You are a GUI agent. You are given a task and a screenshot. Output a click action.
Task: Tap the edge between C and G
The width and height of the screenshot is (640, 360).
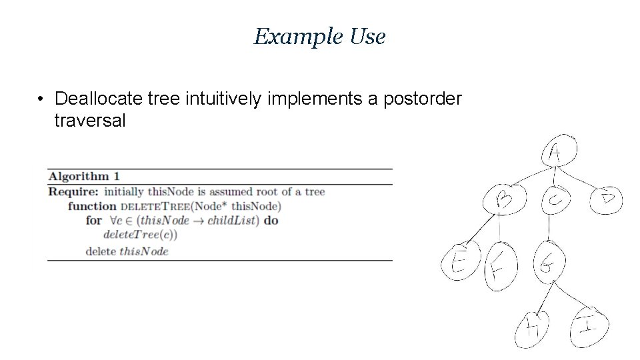pos(549,229)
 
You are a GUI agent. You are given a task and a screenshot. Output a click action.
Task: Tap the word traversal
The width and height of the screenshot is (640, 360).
pos(90,121)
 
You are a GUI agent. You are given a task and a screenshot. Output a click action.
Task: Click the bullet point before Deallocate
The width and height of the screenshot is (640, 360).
pos(41,99)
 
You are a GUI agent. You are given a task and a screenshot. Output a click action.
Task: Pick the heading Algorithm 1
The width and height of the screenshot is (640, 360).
pos(84,177)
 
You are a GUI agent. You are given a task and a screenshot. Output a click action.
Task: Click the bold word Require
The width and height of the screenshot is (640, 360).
pos(73,192)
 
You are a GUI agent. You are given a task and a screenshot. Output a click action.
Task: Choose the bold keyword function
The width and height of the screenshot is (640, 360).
pos(92,206)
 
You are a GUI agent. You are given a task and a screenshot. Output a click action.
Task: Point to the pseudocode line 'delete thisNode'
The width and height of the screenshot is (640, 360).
pos(127,251)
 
